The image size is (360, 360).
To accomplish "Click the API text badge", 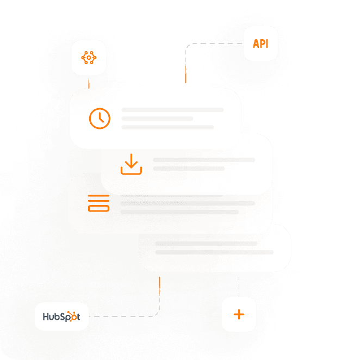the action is click(x=260, y=44).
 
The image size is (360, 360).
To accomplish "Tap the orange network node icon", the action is click(x=89, y=57).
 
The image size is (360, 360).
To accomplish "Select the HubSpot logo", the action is click(x=61, y=316).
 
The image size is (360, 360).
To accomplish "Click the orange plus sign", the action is click(x=238, y=314).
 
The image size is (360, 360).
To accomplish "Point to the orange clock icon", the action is click(x=100, y=118).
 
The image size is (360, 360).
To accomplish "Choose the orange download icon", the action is click(x=131, y=164).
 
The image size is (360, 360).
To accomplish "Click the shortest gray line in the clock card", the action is click(x=157, y=119).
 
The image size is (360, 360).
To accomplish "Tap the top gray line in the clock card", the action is click(x=172, y=110).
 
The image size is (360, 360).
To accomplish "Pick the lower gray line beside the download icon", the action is click(x=189, y=169).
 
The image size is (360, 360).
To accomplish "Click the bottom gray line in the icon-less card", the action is click(x=214, y=252).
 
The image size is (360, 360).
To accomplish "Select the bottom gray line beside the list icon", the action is click(x=179, y=212).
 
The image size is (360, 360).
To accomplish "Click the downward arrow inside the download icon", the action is click(x=131, y=162).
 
